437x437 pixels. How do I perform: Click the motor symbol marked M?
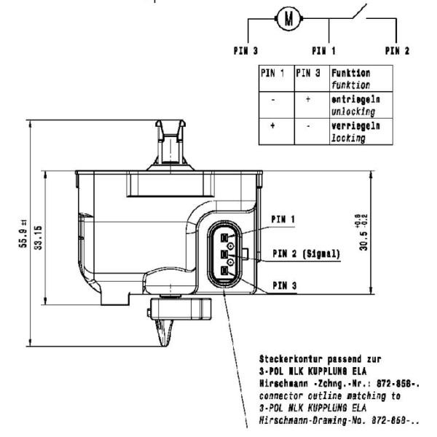coord(288,18)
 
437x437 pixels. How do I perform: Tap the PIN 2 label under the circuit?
coord(397,51)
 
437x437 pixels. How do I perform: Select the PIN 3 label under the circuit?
coord(245,51)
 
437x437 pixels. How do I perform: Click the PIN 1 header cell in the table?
coord(276,79)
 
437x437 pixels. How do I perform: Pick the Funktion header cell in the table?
coord(361,79)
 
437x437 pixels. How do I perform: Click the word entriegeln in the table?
coord(355,99)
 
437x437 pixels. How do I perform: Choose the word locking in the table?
coord(348,138)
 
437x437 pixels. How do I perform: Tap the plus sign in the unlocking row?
coord(307,99)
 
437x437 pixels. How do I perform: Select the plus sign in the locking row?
coord(272,125)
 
